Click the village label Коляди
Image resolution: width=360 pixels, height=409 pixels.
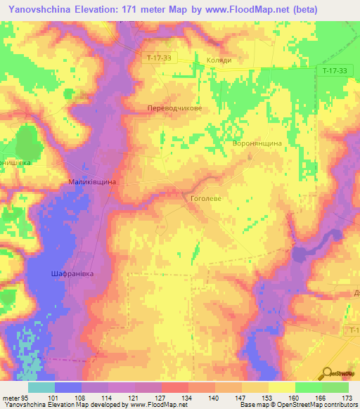point(219,60)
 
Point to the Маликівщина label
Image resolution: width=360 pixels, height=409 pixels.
point(92,182)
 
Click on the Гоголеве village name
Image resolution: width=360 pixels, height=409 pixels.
point(206,199)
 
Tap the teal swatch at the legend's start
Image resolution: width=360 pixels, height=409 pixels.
point(41,387)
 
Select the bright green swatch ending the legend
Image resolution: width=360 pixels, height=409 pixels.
point(335,387)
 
